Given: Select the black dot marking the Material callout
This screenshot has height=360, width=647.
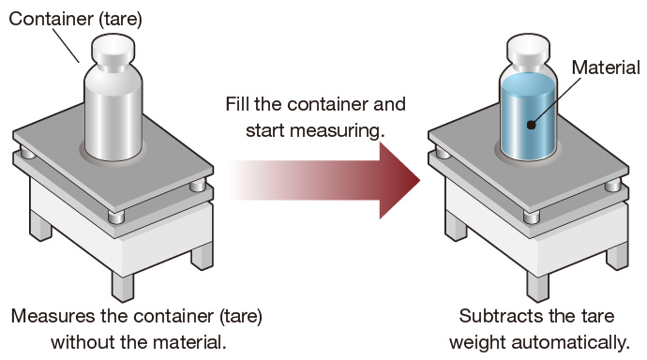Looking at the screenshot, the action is coord(532,124).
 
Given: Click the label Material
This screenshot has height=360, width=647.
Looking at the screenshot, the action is coord(606,67).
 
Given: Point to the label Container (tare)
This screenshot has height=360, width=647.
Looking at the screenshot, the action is coord(76,19).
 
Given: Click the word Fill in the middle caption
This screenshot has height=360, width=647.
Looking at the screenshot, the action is coord(237,104).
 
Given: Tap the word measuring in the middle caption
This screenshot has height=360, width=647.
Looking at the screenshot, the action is coord(338,131).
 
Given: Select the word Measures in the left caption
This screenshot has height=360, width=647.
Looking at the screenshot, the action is coord(53,316).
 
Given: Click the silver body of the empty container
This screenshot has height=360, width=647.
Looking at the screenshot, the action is coord(113,112).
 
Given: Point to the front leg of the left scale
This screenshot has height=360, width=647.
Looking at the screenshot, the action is coord(123,286).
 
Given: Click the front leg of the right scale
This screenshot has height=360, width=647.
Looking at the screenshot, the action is coord(537,286).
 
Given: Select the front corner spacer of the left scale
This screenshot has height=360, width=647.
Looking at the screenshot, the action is coord(116,217).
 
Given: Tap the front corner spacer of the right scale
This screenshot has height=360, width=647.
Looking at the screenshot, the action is coord(531,217).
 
